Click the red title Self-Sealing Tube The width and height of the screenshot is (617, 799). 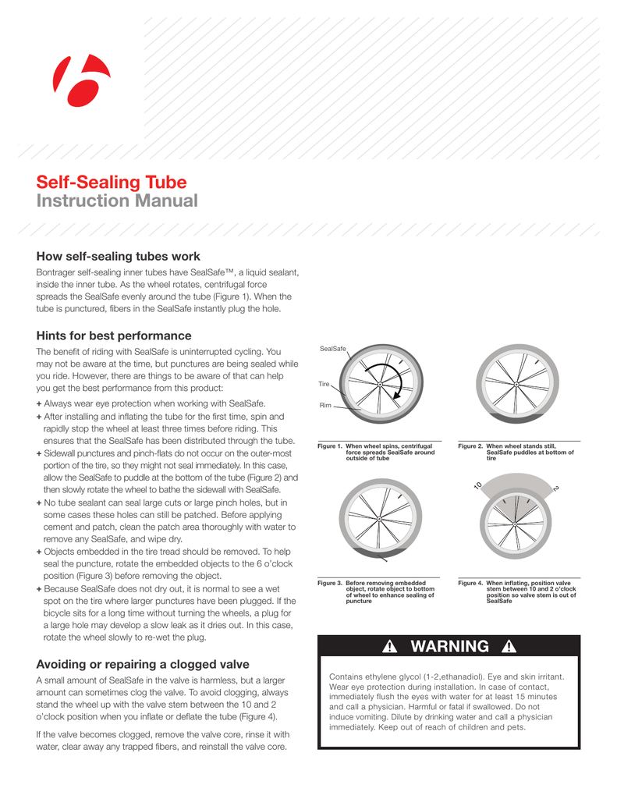[x=112, y=183]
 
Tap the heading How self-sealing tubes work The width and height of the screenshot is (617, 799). [x=119, y=256]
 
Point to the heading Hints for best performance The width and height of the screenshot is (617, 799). [x=114, y=336]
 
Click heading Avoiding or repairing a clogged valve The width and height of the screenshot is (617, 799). [x=143, y=665]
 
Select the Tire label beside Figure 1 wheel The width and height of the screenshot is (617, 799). [x=324, y=384]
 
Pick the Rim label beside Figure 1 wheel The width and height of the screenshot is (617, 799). [x=325, y=406]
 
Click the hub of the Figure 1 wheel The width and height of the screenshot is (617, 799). [x=379, y=384]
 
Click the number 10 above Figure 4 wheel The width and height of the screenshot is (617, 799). [x=477, y=486]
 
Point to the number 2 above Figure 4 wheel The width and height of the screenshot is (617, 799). [x=556, y=488]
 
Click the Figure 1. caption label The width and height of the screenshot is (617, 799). [x=331, y=446]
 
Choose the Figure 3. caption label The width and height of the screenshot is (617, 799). [x=331, y=582]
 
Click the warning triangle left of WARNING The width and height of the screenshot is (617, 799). [x=391, y=647]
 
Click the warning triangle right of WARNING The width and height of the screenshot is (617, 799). [x=509, y=647]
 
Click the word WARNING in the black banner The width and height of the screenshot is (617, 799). [x=450, y=647]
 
